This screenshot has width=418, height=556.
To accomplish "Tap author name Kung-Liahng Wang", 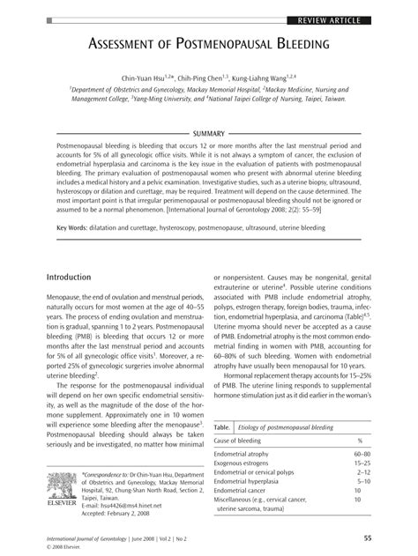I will point(274,78).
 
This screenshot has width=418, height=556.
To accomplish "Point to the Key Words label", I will point(74,227).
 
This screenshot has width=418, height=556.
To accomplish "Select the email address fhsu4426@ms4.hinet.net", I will point(121,506).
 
